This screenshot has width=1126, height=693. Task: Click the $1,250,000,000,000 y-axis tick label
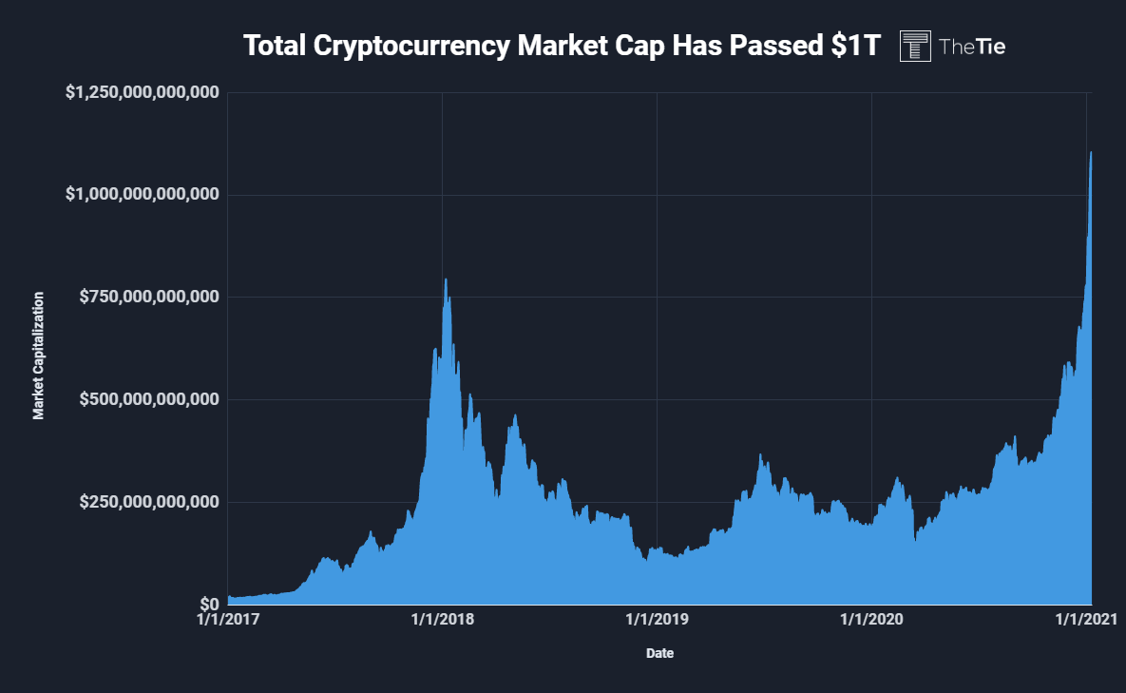[143, 92]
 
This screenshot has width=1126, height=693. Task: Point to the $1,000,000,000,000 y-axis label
[143, 194]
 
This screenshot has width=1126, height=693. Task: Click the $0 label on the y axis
[208, 605]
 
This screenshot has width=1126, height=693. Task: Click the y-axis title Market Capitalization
[39, 356]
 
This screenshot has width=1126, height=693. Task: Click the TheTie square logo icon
[915, 46]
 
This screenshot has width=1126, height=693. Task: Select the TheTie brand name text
[971, 46]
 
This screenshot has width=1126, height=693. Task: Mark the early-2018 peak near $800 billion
[446, 279]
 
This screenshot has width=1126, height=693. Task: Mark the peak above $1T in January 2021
[1090, 153]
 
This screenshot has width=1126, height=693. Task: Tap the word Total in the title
[274, 46]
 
